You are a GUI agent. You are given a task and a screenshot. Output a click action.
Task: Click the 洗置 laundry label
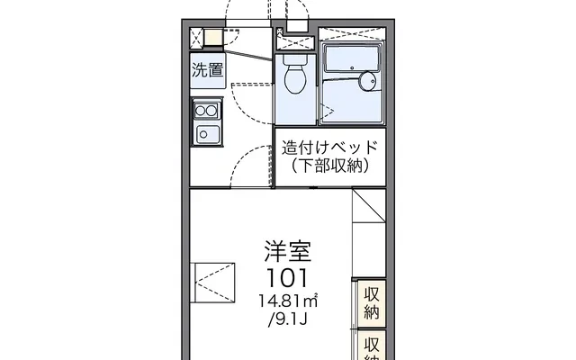pos(207,69)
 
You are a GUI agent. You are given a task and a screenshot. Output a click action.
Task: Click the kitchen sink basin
pos(207,135)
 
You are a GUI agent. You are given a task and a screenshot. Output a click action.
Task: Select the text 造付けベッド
pos(330,148)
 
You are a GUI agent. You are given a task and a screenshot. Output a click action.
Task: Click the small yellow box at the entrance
pos(212,37)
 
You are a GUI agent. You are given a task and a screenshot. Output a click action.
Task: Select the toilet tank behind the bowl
pos(293,61)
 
